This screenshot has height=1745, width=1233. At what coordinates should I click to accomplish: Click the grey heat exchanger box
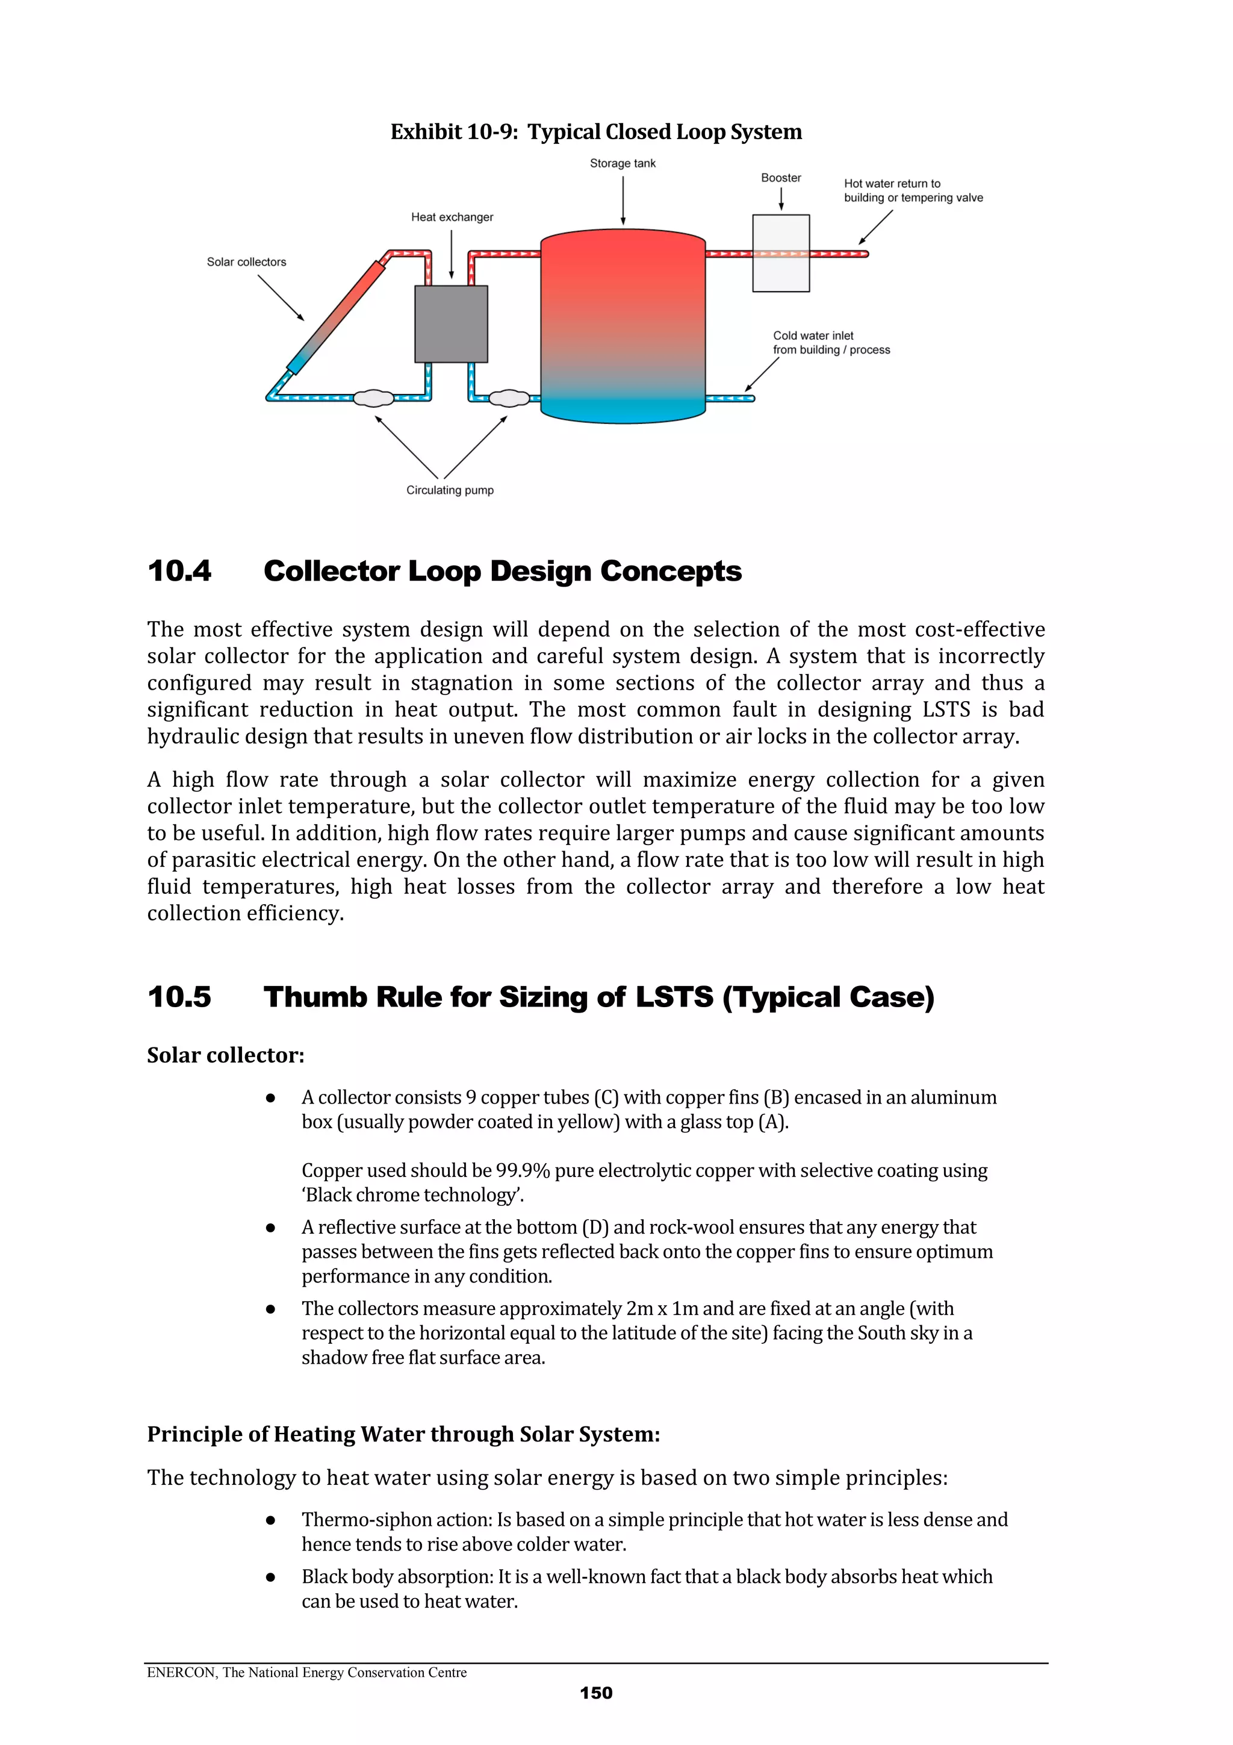[x=450, y=324]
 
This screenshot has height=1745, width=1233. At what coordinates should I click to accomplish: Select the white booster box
[x=780, y=253]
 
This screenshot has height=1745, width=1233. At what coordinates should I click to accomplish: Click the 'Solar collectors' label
[x=246, y=262]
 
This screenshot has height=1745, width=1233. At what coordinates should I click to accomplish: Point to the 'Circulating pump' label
[x=450, y=490]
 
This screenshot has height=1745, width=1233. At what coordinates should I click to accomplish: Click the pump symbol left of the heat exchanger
[x=374, y=398]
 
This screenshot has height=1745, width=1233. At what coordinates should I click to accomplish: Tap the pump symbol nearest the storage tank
[x=508, y=398]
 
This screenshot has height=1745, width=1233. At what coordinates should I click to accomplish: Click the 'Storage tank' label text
[x=622, y=163]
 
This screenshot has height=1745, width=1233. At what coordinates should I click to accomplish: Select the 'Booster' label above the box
[x=780, y=178]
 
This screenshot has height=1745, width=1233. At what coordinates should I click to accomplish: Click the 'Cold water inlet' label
[x=813, y=336]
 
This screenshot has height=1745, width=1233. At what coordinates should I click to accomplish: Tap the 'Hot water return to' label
[x=892, y=184]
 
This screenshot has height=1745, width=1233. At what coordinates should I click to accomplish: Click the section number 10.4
[x=179, y=571]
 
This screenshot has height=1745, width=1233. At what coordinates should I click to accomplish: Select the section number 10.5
[x=179, y=996]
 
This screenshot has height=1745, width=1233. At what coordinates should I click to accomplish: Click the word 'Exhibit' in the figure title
[x=426, y=133]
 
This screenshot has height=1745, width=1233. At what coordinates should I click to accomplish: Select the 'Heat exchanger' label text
[x=452, y=217]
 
